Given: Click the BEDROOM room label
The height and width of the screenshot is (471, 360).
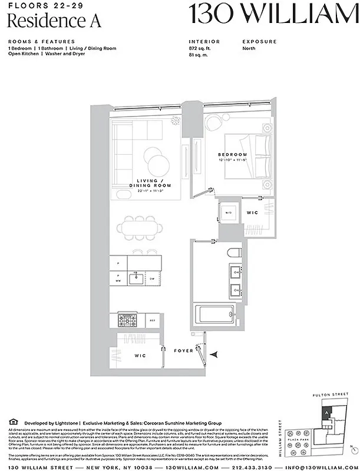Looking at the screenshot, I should pos(235,155).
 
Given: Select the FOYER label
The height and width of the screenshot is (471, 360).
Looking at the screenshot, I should pos(184,351).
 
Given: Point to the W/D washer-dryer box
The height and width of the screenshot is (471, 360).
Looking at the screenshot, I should pos(229,212).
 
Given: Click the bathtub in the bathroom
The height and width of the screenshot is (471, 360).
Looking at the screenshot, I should pos(213,316).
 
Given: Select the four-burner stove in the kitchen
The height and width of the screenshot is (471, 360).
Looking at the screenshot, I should pos(128,320).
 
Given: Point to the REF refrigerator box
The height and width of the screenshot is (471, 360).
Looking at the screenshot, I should pos(152,321).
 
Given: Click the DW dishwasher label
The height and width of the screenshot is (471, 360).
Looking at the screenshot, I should pos(151,278).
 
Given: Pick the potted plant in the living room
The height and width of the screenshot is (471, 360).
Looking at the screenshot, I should pos(176,120).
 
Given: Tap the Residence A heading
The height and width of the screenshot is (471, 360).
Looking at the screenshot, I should pos(54,21).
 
